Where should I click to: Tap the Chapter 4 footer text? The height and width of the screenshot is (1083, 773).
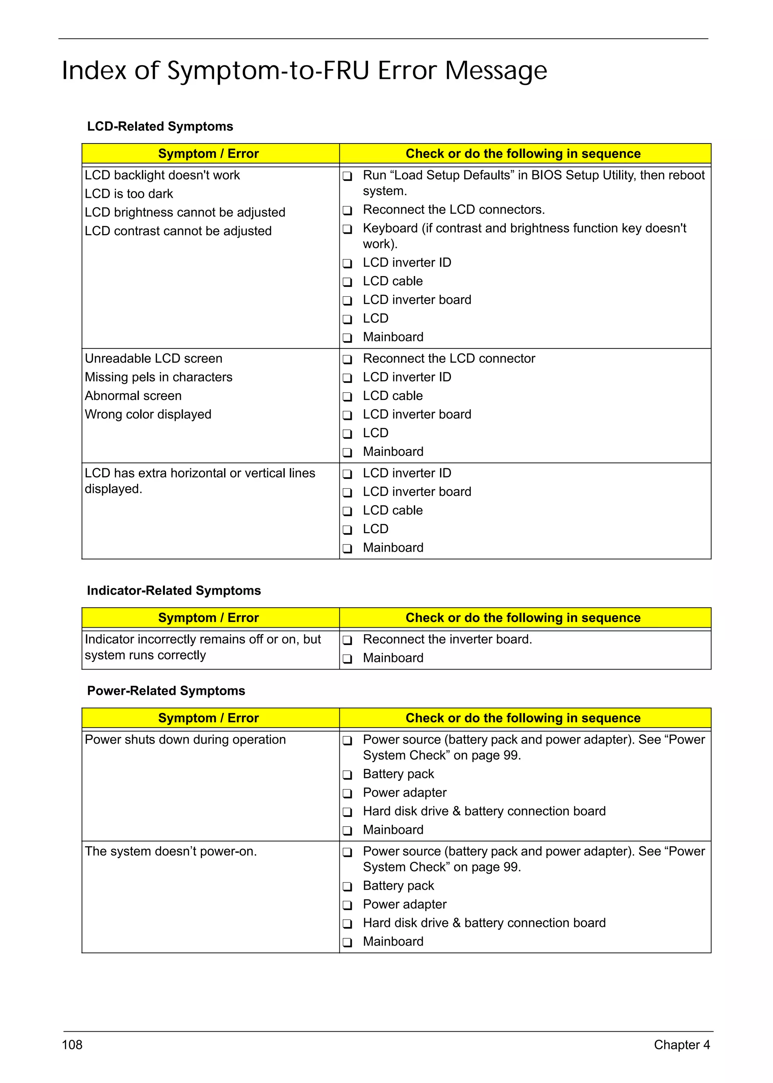pyautogui.click(x=681, y=1044)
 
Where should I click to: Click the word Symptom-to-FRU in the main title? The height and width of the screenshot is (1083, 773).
pyautogui.click(x=268, y=71)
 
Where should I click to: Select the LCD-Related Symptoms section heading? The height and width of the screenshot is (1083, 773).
pyautogui.click(x=160, y=126)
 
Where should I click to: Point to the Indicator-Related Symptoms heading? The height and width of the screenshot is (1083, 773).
pyautogui.click(x=174, y=590)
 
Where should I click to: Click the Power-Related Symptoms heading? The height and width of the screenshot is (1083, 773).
pyautogui.click(x=166, y=691)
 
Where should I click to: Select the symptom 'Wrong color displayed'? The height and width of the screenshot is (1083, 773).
pyautogui.click(x=148, y=414)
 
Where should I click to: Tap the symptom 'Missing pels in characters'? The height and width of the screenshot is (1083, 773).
pyautogui.click(x=159, y=377)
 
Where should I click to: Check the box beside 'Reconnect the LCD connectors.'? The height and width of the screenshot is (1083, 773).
pyautogui.click(x=348, y=210)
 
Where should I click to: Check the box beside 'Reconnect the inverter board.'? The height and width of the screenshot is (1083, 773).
pyautogui.click(x=348, y=640)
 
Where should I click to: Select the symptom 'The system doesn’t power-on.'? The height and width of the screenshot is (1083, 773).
pyautogui.click(x=170, y=851)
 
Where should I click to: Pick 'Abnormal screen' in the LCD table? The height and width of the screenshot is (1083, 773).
pyautogui.click(x=133, y=396)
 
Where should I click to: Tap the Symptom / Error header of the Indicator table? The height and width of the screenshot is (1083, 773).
pyautogui.click(x=208, y=618)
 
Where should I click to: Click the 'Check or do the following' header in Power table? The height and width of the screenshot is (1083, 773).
pyautogui.click(x=523, y=718)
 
